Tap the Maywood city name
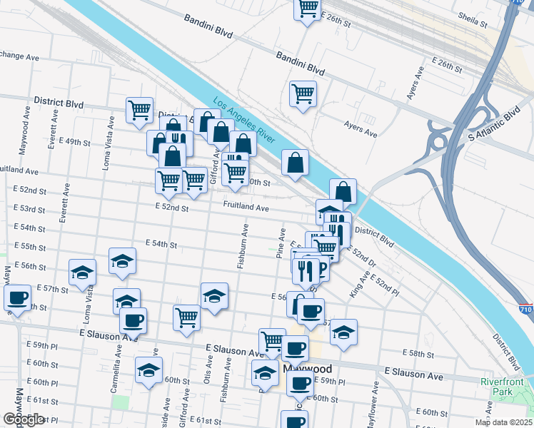tap(308, 369)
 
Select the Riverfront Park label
tap(503, 387)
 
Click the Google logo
tap(24, 419)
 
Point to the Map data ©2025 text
tap(503, 422)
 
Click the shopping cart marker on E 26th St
tap(308, 9)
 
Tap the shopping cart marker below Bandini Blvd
tap(303, 93)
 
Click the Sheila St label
tap(473, 19)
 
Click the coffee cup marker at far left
tap(17, 297)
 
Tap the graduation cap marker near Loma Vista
tap(82, 272)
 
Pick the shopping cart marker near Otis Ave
tap(186, 316)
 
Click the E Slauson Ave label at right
tap(413, 372)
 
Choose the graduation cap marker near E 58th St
tap(343, 332)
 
